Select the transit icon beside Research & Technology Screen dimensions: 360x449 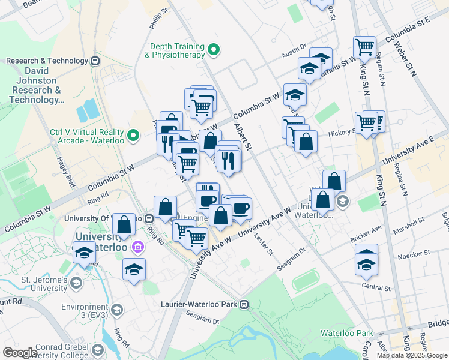click(95, 61)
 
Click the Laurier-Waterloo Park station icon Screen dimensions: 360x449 click(244, 304)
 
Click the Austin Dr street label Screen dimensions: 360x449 click(294, 55)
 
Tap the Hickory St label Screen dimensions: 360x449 click(342, 134)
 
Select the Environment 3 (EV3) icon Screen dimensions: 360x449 click(117, 310)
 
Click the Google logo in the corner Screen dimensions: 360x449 click(20, 352)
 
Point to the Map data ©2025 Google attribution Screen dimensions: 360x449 click(412, 355)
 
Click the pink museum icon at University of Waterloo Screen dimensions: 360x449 click(137, 247)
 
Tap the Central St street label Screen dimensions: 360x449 click(376, 287)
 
